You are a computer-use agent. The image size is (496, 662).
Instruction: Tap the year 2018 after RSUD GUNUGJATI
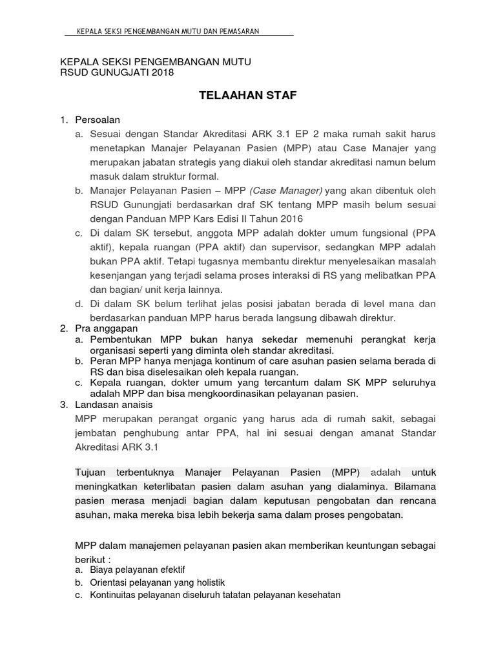pyautogui.click(x=161, y=73)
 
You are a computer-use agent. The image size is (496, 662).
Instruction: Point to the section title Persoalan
pyautogui.click(x=98, y=120)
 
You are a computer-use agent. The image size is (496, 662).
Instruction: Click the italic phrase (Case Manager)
pyautogui.click(x=285, y=191)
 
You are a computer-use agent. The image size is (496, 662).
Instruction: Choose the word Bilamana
pyautogui.click(x=415, y=486)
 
